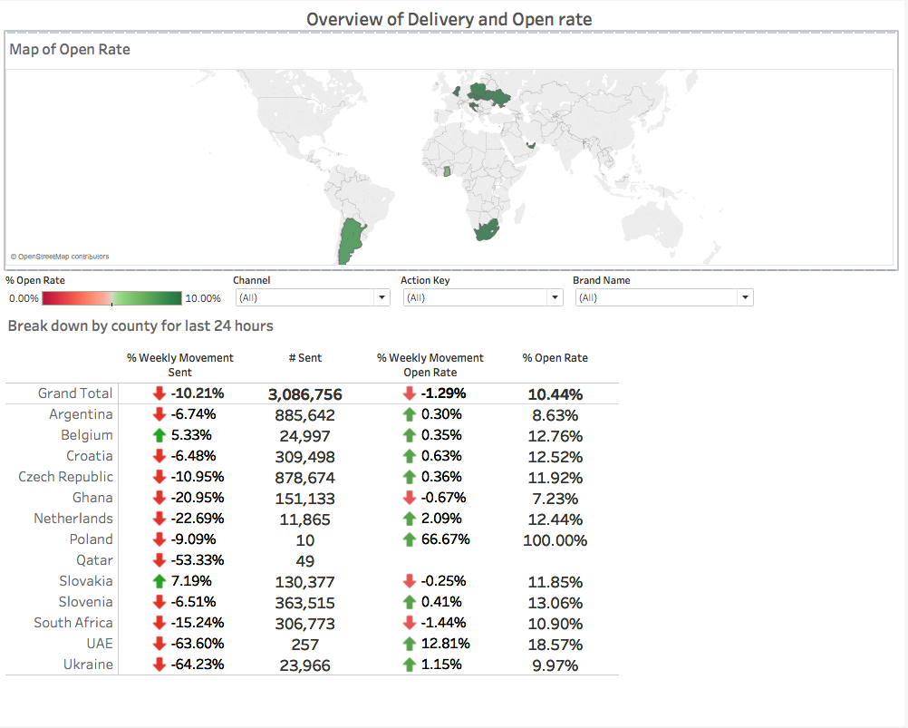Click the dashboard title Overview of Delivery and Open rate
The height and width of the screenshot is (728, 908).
point(449,19)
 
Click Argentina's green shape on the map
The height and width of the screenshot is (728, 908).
point(350,240)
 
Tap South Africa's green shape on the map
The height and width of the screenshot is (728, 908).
point(488,228)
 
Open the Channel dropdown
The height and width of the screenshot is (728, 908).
point(312,297)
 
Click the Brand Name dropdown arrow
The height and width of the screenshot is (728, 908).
point(745,297)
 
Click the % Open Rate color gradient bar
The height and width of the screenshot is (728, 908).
point(111,298)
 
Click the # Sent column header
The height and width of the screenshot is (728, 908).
point(305,358)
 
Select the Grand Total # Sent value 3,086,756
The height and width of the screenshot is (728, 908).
point(304,394)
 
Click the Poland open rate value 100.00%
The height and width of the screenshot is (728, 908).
point(555,540)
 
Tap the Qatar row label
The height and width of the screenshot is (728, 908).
point(94,560)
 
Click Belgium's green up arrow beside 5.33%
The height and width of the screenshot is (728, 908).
point(159,435)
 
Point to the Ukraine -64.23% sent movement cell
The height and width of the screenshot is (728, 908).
point(188,665)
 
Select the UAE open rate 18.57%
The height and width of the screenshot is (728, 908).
point(555,645)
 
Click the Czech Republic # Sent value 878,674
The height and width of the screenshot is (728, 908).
point(304,478)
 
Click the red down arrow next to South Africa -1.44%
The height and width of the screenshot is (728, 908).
point(410,623)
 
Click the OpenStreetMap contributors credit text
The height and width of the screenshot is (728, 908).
point(59,257)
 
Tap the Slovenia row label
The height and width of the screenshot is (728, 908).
point(86,602)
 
